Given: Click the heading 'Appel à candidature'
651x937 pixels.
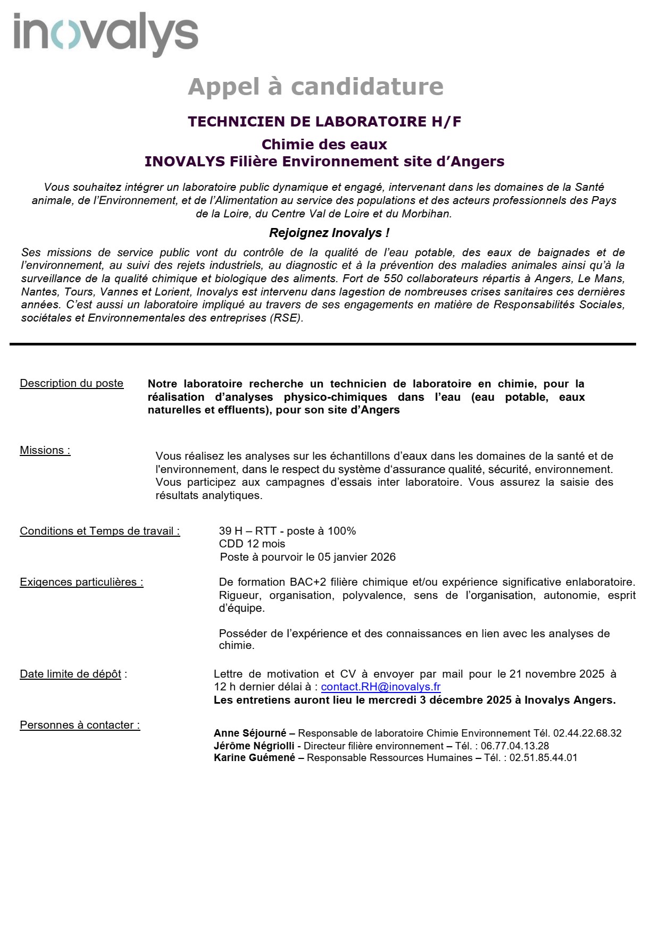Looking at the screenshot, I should point(315,87).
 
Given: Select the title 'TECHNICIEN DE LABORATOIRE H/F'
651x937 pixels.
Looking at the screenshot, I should point(324,122).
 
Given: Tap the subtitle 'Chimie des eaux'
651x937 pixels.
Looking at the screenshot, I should point(324,145).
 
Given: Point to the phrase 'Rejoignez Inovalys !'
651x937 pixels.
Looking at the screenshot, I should point(329,233).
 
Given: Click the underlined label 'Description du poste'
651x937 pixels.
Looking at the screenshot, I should point(72,383).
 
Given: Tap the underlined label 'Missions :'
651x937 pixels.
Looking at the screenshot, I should point(45,450).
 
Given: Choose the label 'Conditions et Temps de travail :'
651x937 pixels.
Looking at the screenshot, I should point(100,531).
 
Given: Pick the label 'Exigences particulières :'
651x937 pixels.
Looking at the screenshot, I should point(81,582).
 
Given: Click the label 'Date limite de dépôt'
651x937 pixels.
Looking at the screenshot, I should point(71,674).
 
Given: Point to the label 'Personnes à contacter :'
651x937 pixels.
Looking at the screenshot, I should point(80,725).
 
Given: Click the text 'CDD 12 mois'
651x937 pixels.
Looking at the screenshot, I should point(252,544).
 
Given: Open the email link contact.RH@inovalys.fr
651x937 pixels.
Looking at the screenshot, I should point(381,687).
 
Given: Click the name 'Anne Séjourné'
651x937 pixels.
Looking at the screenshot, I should point(250,733).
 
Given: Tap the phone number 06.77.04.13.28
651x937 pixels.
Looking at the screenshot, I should point(515,746).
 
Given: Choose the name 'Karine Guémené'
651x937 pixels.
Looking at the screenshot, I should point(254,758).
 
